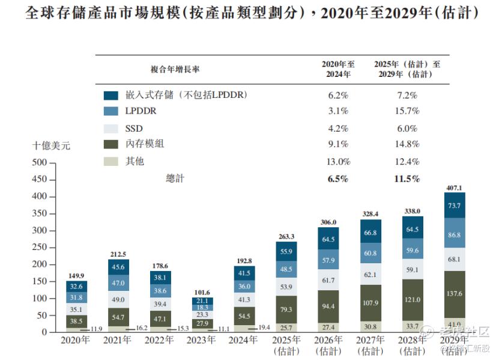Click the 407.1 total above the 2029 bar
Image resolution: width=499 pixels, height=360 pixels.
(453, 188)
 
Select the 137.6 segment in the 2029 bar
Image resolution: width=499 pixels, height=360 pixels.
(453, 293)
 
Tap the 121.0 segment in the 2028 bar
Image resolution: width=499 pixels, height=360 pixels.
(412, 299)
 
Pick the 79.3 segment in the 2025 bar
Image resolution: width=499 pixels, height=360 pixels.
(286, 310)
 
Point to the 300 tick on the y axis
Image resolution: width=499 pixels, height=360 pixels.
(40, 230)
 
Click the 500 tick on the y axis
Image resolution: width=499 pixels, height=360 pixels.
(40, 162)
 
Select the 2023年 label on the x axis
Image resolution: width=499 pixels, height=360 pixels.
(202, 340)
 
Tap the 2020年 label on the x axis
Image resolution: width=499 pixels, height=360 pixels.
(76, 340)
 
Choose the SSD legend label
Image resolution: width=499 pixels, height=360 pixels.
(134, 128)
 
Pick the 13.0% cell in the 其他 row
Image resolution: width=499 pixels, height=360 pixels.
(339, 162)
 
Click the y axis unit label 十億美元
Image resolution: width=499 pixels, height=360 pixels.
(52, 145)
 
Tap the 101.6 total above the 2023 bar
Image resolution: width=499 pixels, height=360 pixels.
(202, 293)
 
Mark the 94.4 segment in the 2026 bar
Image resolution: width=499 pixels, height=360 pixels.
(328, 305)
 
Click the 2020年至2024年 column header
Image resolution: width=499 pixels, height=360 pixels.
(339, 69)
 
